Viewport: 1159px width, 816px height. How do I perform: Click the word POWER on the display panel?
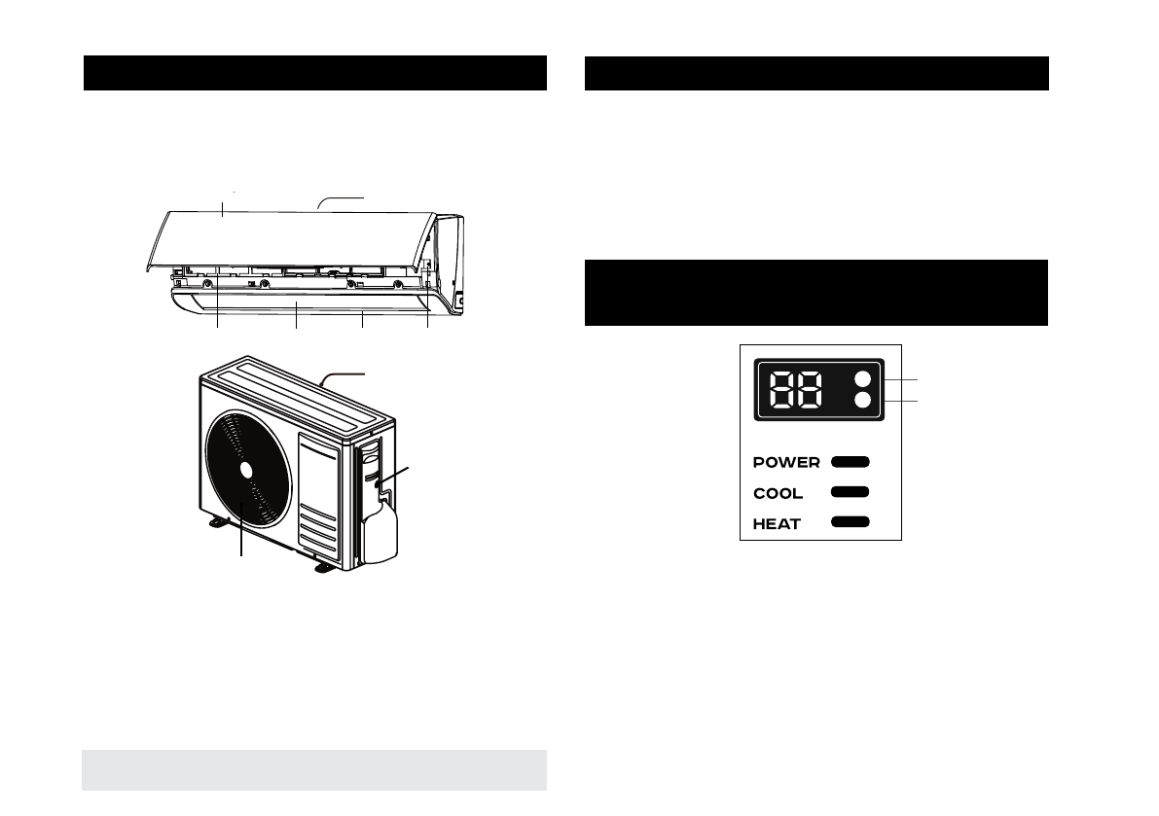(786, 462)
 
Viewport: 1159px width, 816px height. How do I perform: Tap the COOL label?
(778, 493)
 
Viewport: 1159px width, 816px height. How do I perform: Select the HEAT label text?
(777, 524)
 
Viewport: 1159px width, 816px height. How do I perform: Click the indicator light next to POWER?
(851, 462)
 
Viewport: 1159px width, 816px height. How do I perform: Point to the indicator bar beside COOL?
(851, 492)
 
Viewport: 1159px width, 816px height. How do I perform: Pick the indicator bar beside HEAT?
(851, 522)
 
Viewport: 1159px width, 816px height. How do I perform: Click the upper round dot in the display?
(862, 380)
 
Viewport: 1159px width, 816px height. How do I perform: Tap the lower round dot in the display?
(862, 401)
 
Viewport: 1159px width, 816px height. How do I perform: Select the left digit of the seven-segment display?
(782, 390)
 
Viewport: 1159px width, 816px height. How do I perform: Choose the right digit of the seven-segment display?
(809, 390)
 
